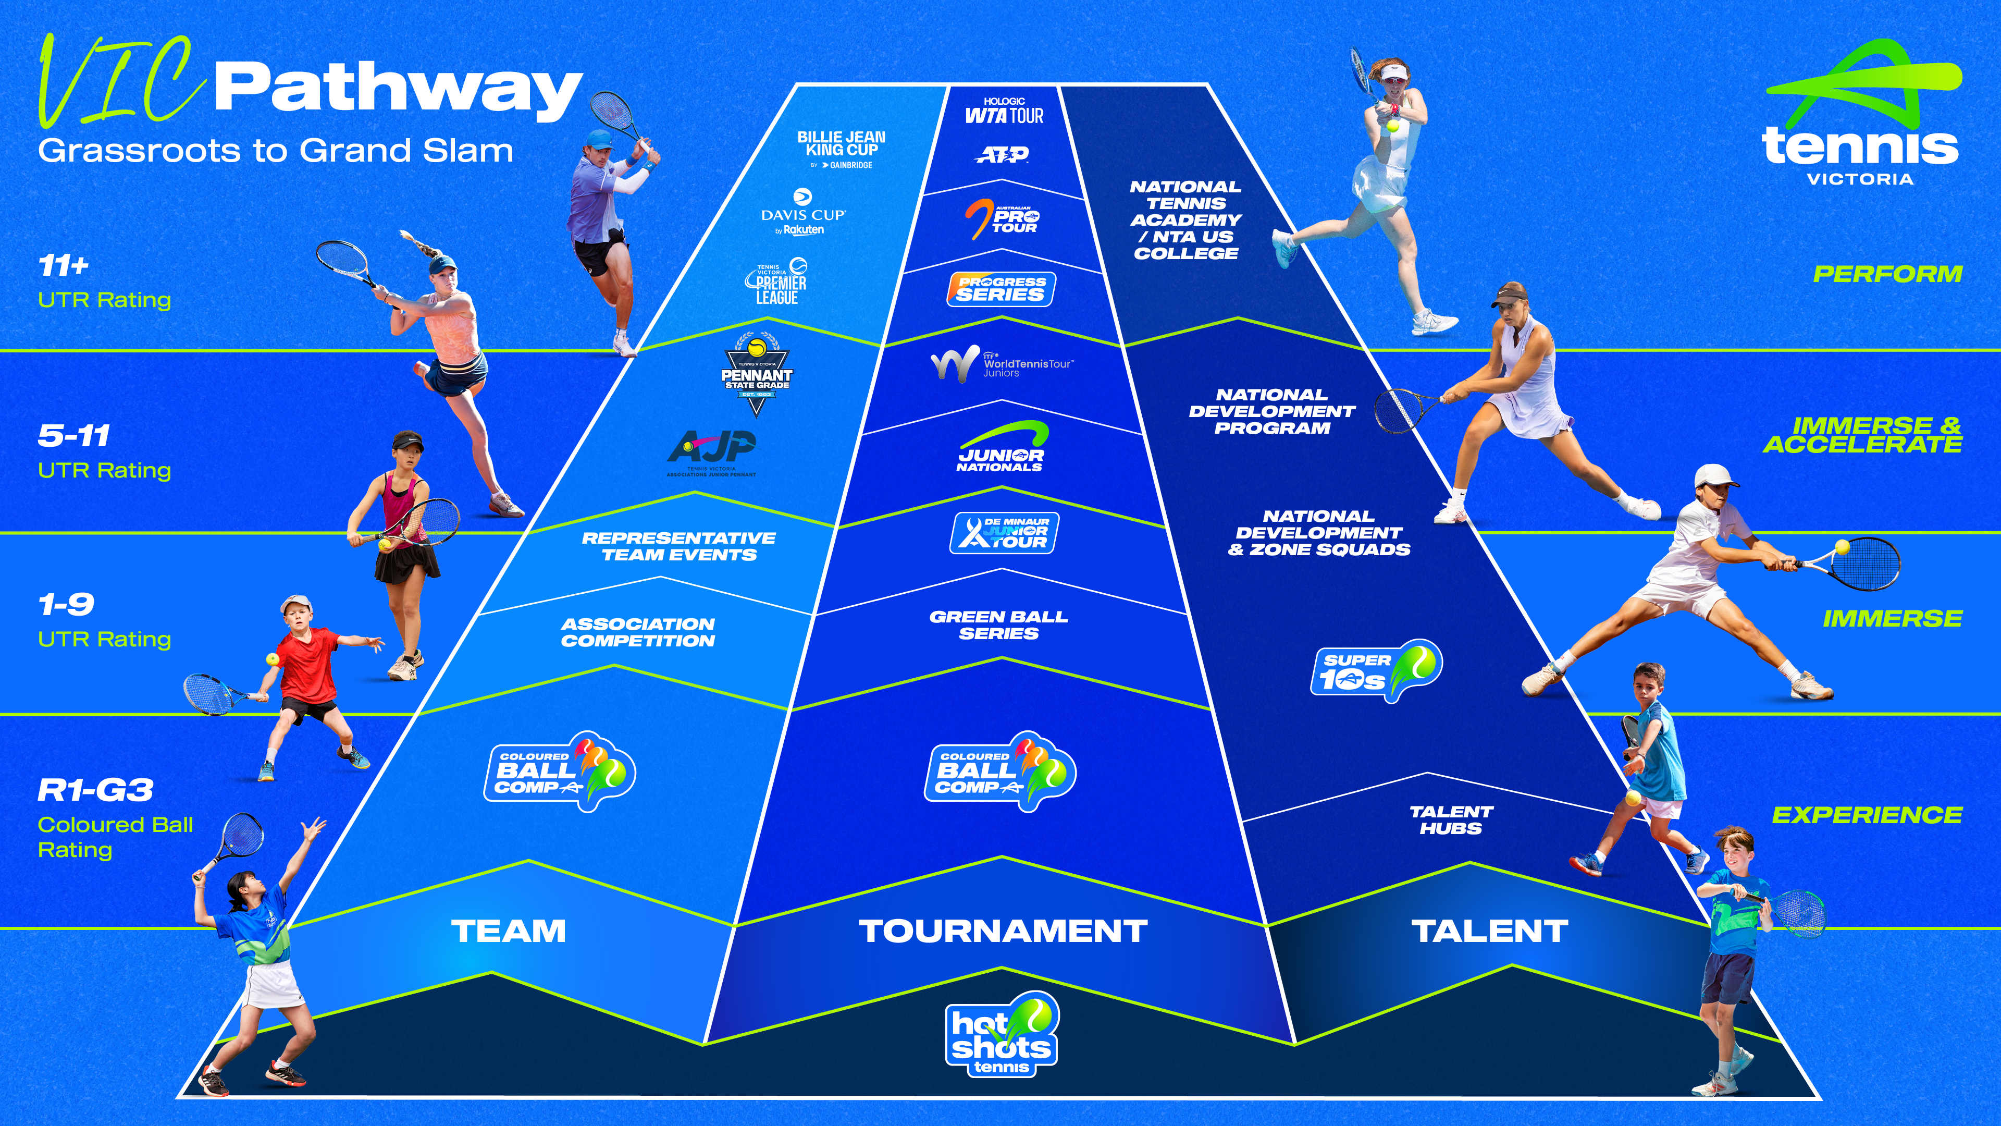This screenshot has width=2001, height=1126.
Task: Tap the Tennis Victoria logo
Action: pos(1861,117)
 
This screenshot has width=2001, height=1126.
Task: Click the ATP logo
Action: pos(1002,155)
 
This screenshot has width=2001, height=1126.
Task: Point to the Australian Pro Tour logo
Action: pos(1002,218)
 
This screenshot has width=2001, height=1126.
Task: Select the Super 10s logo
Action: pos(1376,670)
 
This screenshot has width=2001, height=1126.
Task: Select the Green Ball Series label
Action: pos(999,625)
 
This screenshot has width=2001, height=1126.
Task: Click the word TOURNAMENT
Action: pos(1003,931)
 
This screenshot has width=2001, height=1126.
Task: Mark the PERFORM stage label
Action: pos(1887,274)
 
